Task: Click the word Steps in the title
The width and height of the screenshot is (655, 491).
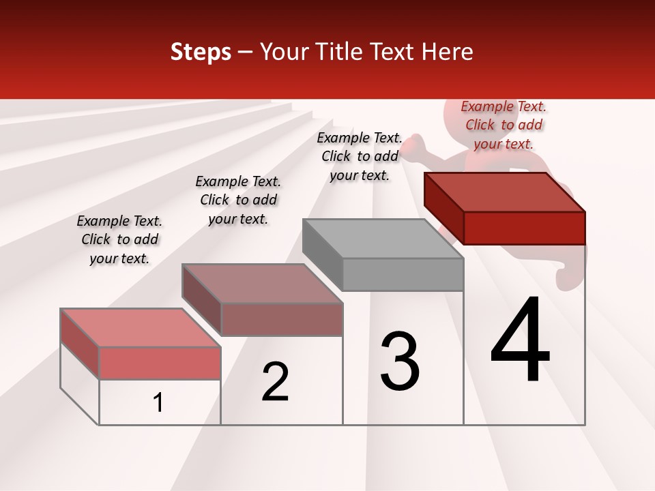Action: tap(201, 52)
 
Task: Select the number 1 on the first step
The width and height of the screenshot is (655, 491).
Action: tap(158, 403)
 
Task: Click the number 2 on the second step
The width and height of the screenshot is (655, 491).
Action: tap(275, 383)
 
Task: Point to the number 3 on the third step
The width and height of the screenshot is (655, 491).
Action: tap(399, 362)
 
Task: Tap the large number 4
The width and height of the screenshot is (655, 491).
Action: tap(520, 340)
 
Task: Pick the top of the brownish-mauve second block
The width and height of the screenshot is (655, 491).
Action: tap(262, 284)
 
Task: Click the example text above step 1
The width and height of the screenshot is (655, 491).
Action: tap(119, 239)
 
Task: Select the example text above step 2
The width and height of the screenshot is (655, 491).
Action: tap(238, 200)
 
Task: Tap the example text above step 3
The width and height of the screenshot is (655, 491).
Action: tap(360, 156)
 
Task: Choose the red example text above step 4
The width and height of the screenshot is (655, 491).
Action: tap(504, 125)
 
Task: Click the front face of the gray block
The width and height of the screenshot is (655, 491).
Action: tap(403, 274)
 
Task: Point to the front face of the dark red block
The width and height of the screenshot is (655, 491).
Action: tap(524, 228)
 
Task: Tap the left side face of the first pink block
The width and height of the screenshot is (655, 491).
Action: tap(80, 344)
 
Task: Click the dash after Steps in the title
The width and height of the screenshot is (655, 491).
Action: tap(246, 53)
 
